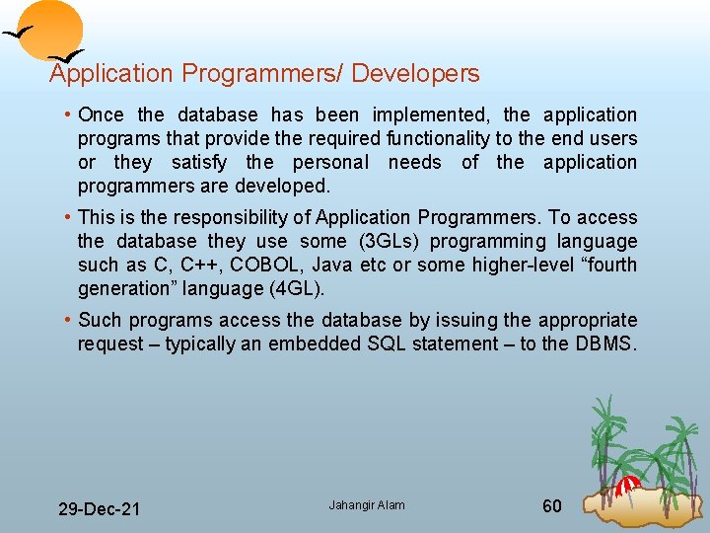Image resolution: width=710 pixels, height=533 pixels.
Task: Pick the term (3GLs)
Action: pos(378,242)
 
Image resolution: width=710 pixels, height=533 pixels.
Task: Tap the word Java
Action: pos(331,266)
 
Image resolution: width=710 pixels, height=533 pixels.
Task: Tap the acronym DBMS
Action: pos(605,344)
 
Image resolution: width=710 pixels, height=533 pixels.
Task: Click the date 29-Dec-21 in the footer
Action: pos(99,509)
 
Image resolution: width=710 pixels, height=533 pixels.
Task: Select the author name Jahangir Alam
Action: pos(367,505)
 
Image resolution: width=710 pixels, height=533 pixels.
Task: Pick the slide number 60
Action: pos(552,506)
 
